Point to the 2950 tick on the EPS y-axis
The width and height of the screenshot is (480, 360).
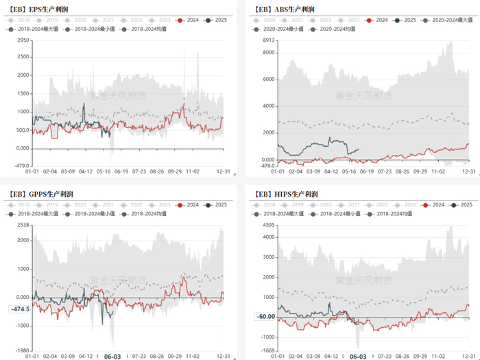(23, 40)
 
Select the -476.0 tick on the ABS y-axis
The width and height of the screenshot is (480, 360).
(265, 165)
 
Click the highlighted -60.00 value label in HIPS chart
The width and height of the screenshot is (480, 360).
(265, 317)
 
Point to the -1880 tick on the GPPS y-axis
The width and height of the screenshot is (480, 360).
(23, 350)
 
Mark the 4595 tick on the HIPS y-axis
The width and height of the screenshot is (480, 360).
(267, 225)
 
